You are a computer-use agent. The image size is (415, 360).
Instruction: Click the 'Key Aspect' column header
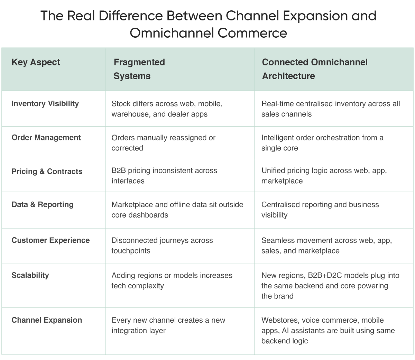[36, 62]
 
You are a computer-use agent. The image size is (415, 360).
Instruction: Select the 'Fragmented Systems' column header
[139, 69]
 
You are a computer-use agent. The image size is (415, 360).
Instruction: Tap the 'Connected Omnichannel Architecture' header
[315, 69]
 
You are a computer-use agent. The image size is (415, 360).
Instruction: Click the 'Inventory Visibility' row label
[45, 104]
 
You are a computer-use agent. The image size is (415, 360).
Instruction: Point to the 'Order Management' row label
[46, 138]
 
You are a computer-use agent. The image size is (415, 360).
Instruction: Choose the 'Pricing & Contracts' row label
[47, 172]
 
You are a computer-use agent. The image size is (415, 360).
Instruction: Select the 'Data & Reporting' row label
[43, 204]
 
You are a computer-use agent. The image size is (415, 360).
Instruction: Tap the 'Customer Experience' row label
[50, 240]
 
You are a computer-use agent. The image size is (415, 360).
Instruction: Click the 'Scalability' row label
[30, 275]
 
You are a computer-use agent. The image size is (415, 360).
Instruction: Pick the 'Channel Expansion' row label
[47, 320]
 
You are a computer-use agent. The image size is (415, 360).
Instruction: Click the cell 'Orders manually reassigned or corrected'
[163, 143]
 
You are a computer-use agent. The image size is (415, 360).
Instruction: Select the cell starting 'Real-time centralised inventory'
[330, 109]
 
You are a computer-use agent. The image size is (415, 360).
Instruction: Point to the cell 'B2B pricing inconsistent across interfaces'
[164, 176]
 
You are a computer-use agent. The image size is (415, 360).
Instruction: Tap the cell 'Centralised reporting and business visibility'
[320, 210]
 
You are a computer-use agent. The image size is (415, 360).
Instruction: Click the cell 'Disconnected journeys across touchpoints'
[162, 246]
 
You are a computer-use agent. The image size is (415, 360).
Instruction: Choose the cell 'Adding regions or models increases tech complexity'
[172, 280]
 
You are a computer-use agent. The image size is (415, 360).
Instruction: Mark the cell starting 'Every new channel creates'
[168, 325]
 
